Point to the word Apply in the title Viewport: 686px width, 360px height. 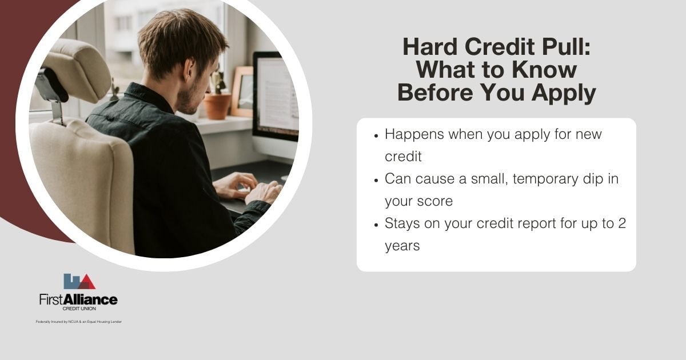pos(563,93)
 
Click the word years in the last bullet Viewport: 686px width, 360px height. pos(402,246)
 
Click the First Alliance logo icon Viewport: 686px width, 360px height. pos(79,281)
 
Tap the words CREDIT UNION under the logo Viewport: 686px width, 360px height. pos(79,309)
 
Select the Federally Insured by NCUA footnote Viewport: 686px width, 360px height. pos(79,322)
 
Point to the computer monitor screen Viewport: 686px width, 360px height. pos(276,97)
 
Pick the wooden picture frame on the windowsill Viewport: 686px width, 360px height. pos(242,91)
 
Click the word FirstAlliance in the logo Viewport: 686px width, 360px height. pos(79,299)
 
